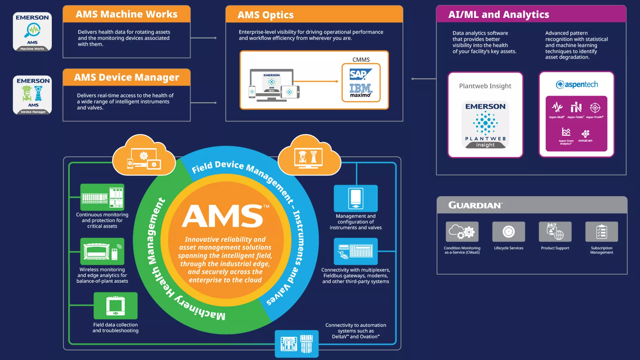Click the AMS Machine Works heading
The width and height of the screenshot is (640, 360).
[x=126, y=14]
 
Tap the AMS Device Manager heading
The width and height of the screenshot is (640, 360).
[x=126, y=77]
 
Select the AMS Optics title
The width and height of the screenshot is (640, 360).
[x=265, y=15]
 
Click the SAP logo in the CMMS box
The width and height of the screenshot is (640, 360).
[x=360, y=74]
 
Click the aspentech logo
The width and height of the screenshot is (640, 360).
[x=577, y=85]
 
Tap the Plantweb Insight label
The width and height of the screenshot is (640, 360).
[x=485, y=86]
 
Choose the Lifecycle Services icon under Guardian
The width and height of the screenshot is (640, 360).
[x=508, y=232]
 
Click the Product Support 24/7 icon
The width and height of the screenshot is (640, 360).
[x=555, y=232]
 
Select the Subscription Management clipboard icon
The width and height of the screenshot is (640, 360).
[x=601, y=232]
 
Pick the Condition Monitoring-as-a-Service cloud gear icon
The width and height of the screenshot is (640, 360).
[x=462, y=232]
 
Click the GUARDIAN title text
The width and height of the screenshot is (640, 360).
[x=475, y=205]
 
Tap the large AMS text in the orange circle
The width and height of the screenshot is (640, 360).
[x=222, y=216]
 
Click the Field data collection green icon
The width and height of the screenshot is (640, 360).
[x=115, y=306]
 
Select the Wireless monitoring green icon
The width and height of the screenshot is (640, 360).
[x=102, y=251]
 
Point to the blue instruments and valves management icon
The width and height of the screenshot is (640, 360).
[x=356, y=198]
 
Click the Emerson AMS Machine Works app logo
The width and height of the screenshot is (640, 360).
[x=32, y=32]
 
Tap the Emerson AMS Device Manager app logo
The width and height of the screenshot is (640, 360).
[x=32, y=95]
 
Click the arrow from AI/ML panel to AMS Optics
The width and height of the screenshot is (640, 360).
[x=423, y=79]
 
